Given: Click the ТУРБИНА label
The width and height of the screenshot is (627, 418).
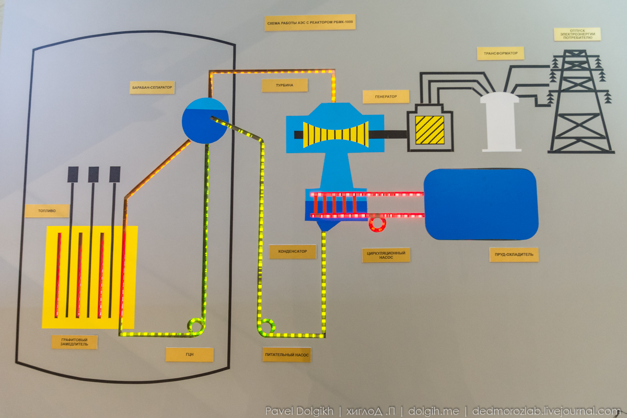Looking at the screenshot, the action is click(x=285, y=85).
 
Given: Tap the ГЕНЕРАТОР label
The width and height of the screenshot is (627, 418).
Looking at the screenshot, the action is click(x=386, y=97).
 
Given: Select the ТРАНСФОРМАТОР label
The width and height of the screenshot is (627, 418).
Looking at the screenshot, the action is click(x=501, y=53).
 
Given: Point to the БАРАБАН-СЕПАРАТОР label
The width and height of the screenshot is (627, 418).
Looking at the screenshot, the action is click(x=152, y=88).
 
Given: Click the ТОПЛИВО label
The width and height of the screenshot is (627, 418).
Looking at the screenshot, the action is click(x=47, y=211).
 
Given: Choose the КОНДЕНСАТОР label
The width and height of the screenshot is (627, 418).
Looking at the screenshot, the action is click(x=293, y=251).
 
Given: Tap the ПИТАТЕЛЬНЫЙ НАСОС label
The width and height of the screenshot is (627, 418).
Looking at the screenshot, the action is click(x=287, y=355).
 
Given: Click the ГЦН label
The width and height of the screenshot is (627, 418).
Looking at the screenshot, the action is click(x=190, y=354).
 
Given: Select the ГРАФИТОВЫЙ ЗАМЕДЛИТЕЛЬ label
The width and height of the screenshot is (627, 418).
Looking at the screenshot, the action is click(x=74, y=342).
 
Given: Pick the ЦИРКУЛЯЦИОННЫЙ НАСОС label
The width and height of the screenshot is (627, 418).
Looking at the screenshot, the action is click(x=386, y=255).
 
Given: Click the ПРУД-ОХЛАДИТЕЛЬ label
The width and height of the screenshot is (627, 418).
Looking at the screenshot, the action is click(x=514, y=254).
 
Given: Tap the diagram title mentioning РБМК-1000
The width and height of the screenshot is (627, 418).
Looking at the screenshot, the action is click(x=310, y=22).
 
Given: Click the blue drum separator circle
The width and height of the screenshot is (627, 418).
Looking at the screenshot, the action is click(x=205, y=121).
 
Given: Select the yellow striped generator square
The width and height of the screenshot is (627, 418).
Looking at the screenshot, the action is click(x=429, y=130).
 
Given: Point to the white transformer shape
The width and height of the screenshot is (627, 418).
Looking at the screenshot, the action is click(x=500, y=122).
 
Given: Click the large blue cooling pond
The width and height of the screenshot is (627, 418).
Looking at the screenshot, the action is click(x=481, y=204).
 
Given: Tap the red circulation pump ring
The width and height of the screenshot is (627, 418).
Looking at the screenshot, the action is click(x=377, y=224).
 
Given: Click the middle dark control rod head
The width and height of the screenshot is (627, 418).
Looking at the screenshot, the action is click(x=94, y=174).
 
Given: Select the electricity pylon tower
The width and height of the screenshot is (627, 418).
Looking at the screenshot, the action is click(x=581, y=101).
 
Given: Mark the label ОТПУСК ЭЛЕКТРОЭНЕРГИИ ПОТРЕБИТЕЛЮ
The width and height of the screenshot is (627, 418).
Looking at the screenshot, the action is click(x=577, y=34).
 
